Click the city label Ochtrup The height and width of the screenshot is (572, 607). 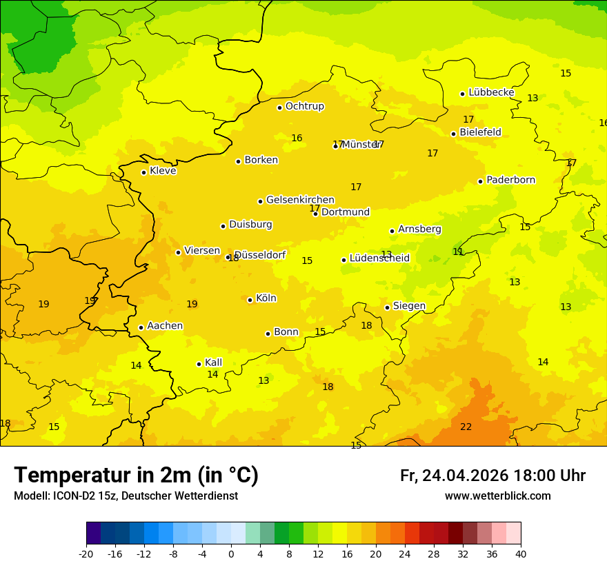click(x=304, y=106)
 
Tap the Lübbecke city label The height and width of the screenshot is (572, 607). click(x=491, y=92)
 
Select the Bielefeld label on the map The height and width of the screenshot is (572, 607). click(x=480, y=132)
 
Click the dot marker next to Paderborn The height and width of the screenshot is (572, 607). click(x=480, y=181)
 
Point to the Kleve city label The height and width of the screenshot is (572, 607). click(x=163, y=171)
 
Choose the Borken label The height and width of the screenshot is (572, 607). click(x=261, y=160)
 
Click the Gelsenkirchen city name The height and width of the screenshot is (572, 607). click(x=300, y=200)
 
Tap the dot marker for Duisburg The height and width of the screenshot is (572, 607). click(x=223, y=226)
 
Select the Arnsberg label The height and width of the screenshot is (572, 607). click(x=419, y=229)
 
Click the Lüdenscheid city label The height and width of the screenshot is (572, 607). click(x=379, y=258)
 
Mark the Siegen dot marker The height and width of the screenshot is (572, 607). click(x=387, y=307)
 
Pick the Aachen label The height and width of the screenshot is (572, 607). click(x=165, y=326)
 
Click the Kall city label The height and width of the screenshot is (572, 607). click(x=213, y=362)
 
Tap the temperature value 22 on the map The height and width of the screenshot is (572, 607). click(x=466, y=427)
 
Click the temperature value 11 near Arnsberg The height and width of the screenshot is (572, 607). click(x=458, y=252)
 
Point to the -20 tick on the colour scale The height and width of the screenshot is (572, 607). click(x=86, y=553)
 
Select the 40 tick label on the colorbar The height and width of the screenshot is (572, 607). click(x=520, y=553)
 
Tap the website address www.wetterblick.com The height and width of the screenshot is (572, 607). click(x=497, y=496)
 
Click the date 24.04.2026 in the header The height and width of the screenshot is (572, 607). click(x=465, y=476)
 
